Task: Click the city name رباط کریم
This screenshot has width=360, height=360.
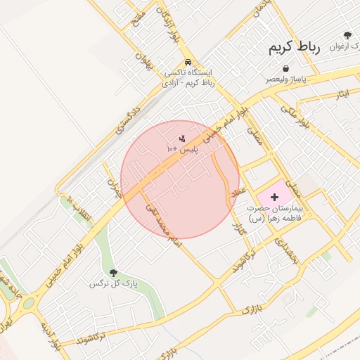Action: click(x=294, y=48)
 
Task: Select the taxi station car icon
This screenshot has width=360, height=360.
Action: click(x=188, y=61)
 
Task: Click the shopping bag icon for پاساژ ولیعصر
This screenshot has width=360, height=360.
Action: click(x=285, y=68)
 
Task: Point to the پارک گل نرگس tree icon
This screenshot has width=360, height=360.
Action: click(x=113, y=273)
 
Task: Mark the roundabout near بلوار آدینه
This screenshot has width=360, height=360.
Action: click(x=29, y=304)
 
